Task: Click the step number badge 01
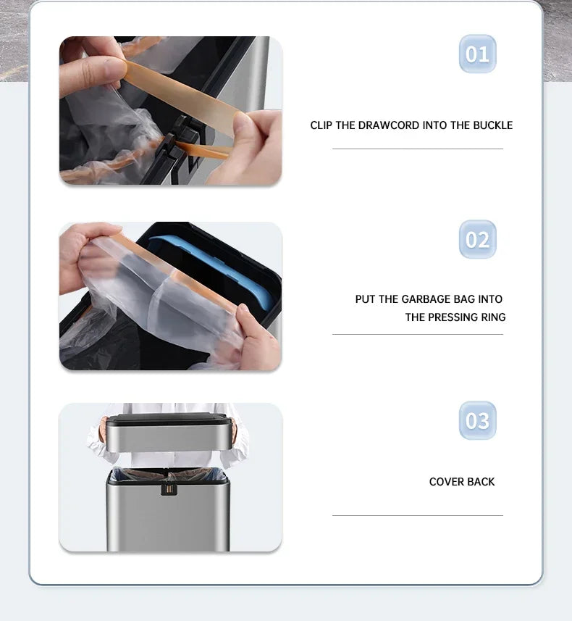coord(477,54)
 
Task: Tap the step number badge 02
coord(477,240)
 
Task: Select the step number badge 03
coord(477,421)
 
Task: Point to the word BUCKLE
coord(492,125)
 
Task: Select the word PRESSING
coord(453,317)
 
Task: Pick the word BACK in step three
coord(481,482)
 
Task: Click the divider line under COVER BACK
coord(417,515)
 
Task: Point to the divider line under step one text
coord(417,149)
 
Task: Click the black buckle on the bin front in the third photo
coord(169,488)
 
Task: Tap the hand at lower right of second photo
coord(257,341)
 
